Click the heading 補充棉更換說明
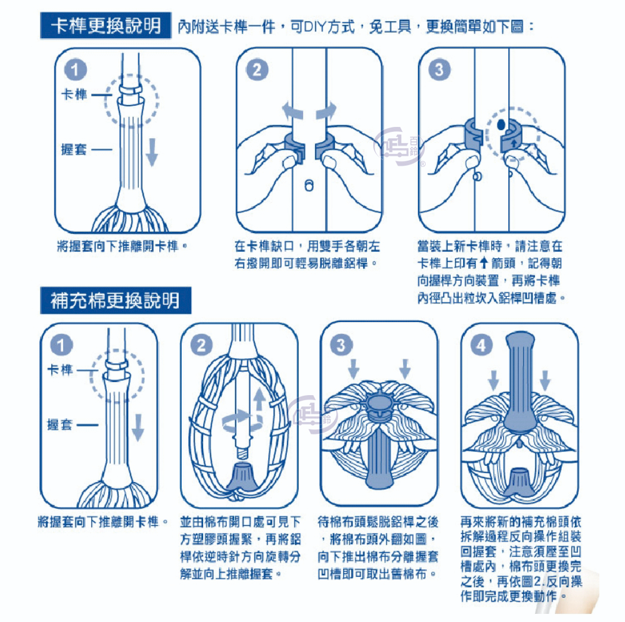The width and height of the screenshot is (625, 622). [x=115, y=301]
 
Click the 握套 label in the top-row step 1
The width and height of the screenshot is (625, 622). [x=74, y=149]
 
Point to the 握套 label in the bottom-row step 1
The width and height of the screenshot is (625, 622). [x=60, y=425]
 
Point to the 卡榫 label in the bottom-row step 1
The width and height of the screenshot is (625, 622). [x=60, y=370]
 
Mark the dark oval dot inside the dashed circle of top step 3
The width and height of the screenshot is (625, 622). [x=501, y=125]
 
